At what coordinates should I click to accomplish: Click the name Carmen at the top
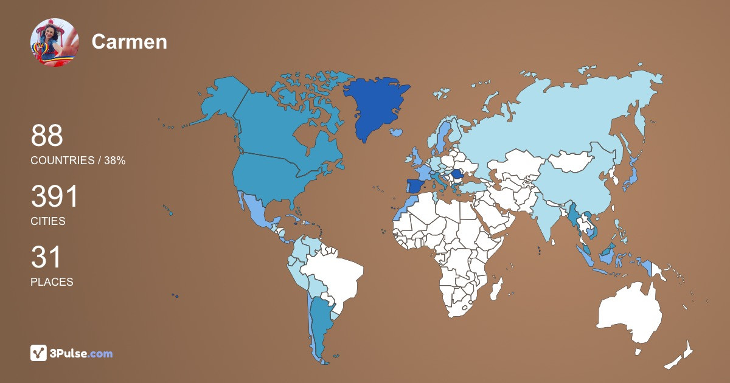click(129, 42)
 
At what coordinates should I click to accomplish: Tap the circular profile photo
click(54, 42)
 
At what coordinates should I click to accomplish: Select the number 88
click(47, 136)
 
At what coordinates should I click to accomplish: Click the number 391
click(55, 197)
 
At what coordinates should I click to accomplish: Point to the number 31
click(46, 258)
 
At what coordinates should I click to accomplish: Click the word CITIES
click(47, 221)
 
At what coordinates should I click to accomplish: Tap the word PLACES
click(52, 282)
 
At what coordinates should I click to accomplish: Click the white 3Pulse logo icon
click(39, 353)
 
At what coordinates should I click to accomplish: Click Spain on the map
click(415, 185)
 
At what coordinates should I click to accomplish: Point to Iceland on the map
click(397, 132)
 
